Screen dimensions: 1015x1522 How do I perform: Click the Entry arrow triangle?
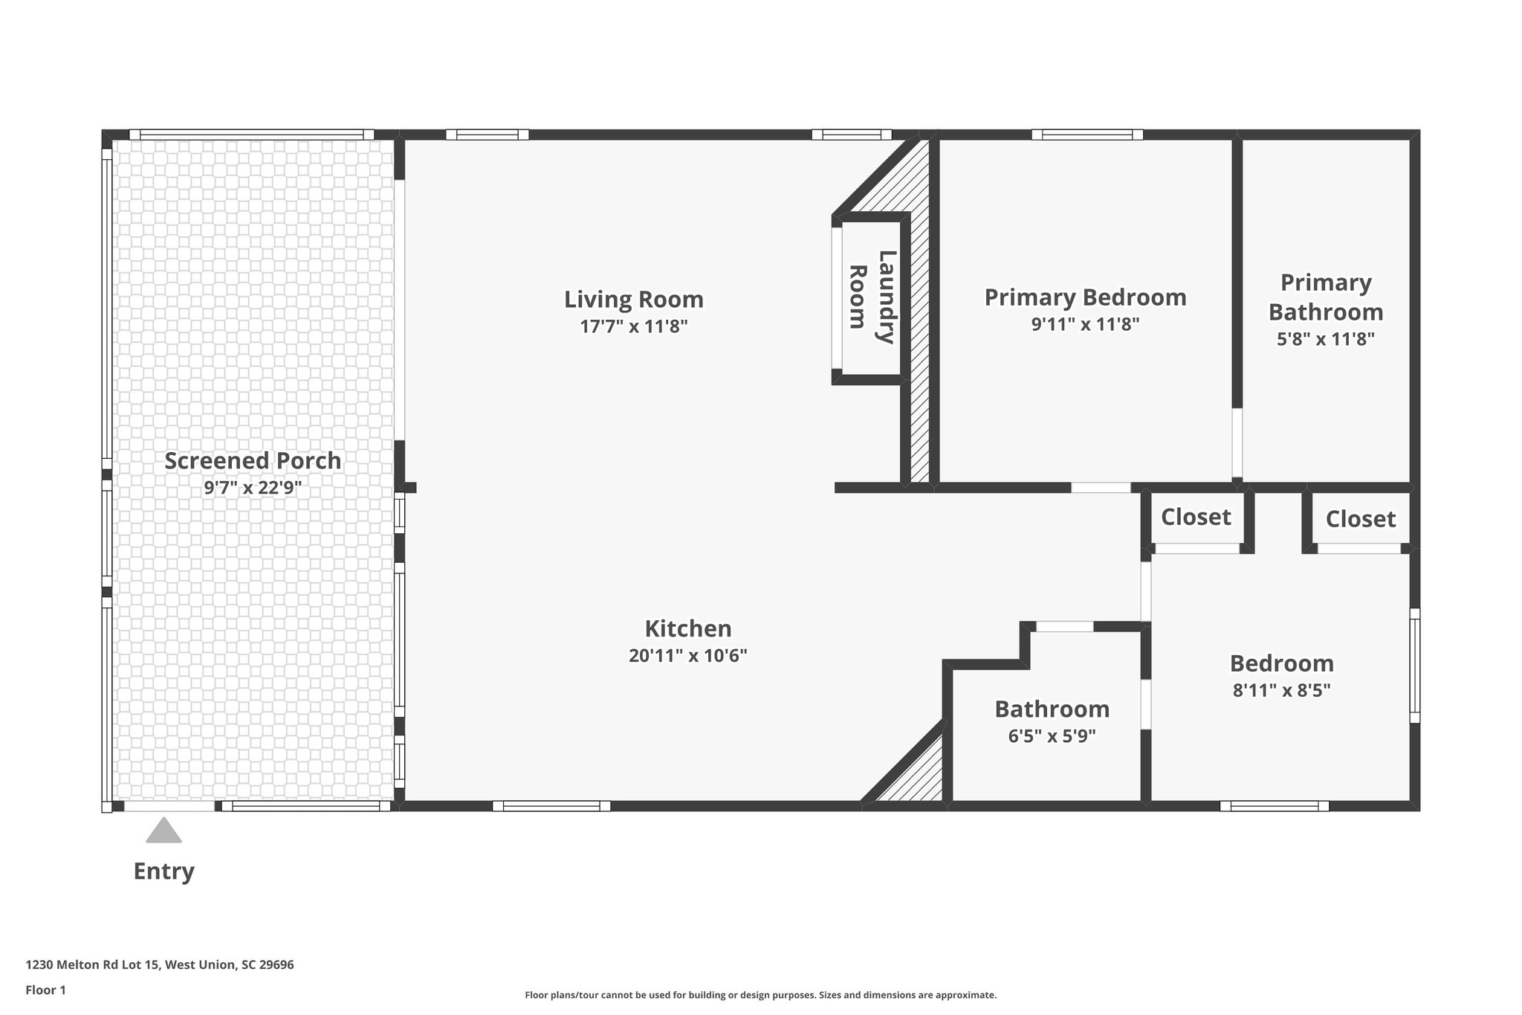coord(163,832)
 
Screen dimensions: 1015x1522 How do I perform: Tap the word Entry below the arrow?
coord(163,871)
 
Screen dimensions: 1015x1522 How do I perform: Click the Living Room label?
coord(633,300)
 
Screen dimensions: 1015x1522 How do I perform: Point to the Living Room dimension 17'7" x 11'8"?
coord(633,326)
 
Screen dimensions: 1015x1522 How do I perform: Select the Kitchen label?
coord(687,629)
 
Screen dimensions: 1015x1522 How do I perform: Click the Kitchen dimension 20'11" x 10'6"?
coord(687,656)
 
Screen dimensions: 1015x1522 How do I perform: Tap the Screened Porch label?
coord(253,461)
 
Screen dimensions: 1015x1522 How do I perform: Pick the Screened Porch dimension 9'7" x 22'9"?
coord(253,489)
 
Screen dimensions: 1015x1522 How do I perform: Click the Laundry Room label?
coord(872,297)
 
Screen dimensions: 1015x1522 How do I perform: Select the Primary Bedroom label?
coord(1085,297)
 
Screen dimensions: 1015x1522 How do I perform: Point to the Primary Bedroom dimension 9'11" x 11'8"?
coord(1085,324)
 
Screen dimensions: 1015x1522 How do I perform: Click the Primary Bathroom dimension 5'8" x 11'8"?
coord(1325,340)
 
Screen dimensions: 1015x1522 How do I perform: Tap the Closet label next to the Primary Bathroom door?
coord(1196,517)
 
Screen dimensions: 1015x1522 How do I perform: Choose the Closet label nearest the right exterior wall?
coord(1360,519)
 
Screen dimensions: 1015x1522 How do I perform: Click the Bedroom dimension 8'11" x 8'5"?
coord(1281,691)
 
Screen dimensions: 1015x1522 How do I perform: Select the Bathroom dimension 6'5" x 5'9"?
coord(1052,736)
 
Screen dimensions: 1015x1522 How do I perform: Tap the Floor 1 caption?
coord(46,990)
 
